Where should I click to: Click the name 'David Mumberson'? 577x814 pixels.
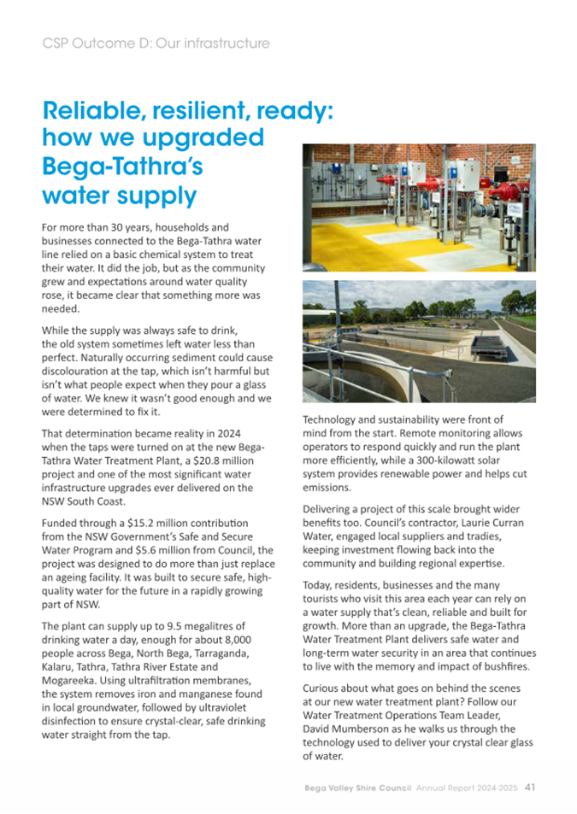point(349,729)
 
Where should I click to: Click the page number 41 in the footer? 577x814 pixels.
point(530,787)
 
